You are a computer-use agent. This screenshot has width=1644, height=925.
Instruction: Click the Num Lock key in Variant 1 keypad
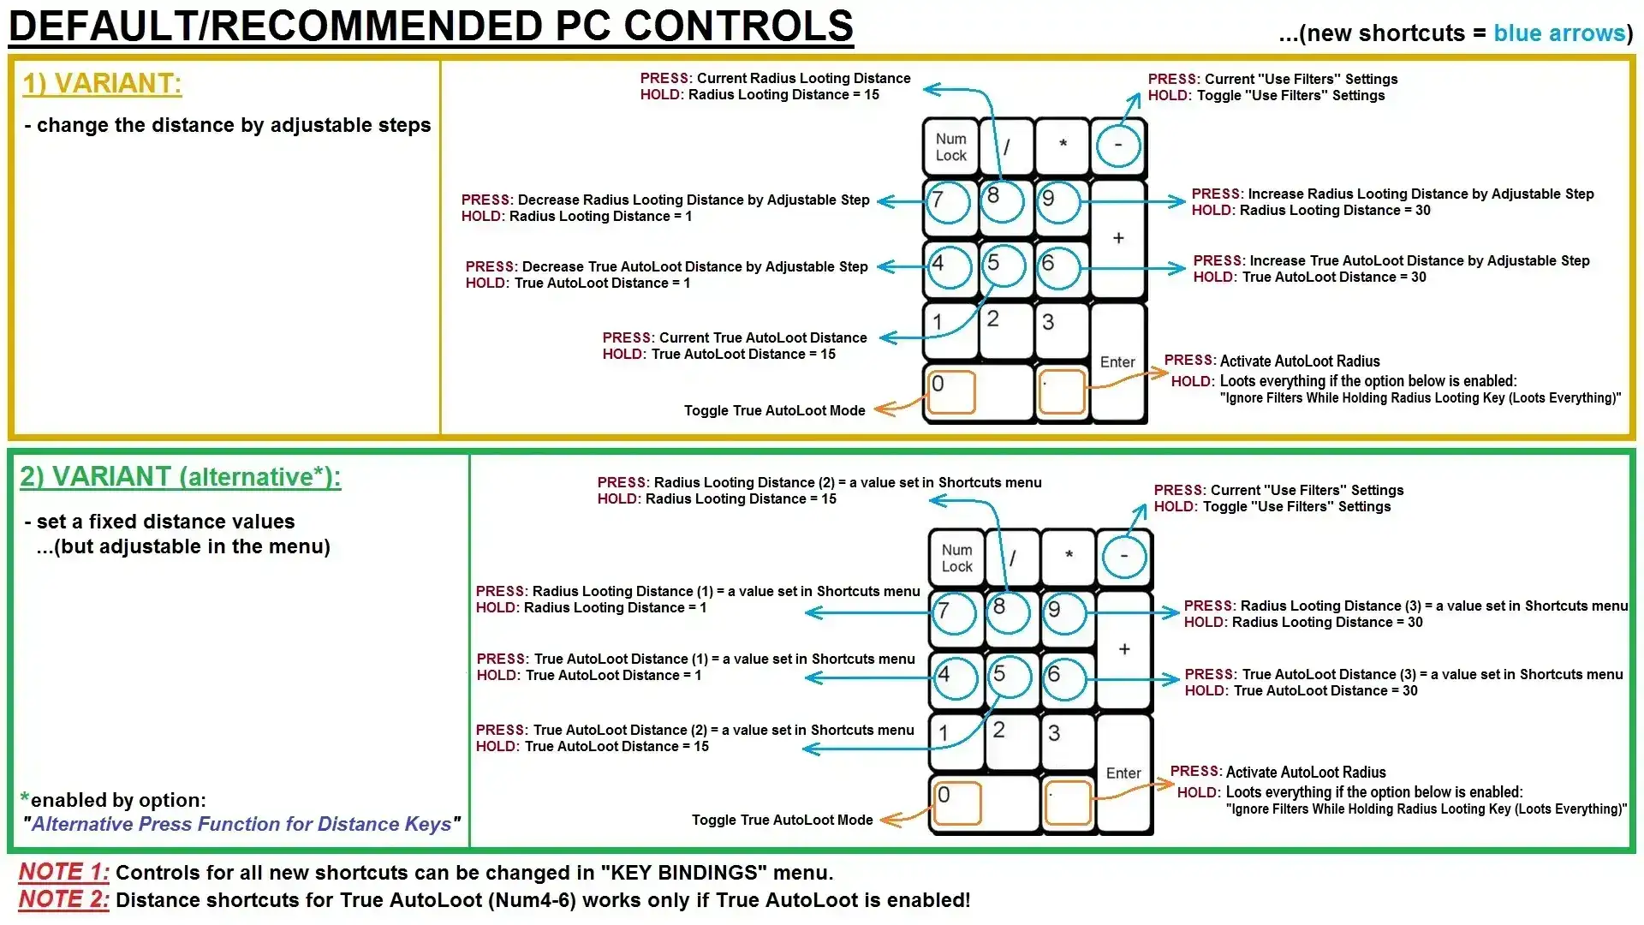[x=950, y=146]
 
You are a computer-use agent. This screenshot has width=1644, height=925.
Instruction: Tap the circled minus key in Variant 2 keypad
[x=1123, y=557]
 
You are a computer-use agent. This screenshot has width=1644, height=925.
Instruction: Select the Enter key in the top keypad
[x=1117, y=362]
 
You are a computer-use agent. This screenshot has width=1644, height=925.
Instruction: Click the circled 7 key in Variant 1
[x=948, y=202]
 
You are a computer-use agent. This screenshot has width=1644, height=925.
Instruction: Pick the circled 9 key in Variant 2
[x=1064, y=612]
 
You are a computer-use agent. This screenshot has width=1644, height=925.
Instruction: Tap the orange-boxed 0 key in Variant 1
[x=950, y=391]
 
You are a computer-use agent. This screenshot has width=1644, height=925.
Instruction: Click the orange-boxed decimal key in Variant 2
[x=1068, y=803]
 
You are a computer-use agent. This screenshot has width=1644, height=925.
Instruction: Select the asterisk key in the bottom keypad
[x=1069, y=557]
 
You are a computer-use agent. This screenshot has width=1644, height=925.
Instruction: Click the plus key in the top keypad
[x=1118, y=239]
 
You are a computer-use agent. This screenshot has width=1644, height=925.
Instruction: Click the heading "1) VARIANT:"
[x=102, y=84]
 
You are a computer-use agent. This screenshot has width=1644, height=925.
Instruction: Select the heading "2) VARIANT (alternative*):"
[x=180, y=477]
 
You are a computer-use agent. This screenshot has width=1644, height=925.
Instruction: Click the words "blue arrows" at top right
[x=1558, y=33]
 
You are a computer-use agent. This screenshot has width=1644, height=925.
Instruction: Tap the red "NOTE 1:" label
[x=63, y=872]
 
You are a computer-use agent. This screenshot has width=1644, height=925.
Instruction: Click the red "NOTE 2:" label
[x=63, y=899]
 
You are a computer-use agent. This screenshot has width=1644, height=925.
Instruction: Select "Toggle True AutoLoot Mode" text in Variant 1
[x=774, y=411]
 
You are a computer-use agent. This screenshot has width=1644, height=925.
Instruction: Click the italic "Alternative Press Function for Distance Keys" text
[x=241, y=824]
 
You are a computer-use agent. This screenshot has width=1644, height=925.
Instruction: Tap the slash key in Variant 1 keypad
[x=1007, y=146]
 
